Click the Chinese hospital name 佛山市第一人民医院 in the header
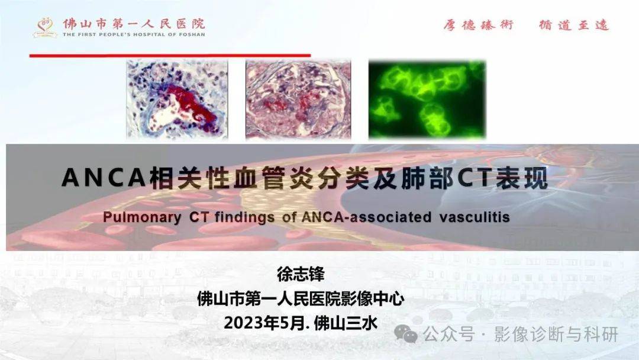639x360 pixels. [134, 24]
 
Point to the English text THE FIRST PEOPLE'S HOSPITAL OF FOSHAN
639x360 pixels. [134, 34]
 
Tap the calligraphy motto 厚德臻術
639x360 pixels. [479, 25]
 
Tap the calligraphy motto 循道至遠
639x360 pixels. [573, 25]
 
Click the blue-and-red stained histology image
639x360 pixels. [177, 99]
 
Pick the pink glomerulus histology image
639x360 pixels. [298, 99]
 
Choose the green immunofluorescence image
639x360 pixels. [427, 99]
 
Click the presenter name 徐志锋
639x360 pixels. [301, 274]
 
